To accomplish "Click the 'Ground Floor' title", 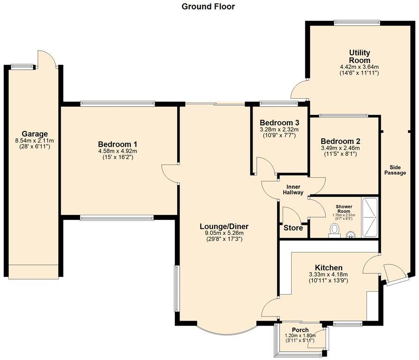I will click(x=208, y=6).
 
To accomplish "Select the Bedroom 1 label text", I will click(x=117, y=144).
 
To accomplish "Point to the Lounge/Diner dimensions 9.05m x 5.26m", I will click(x=224, y=233).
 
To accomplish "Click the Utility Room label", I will click(x=359, y=57).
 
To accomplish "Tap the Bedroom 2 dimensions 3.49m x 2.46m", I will click(x=340, y=148).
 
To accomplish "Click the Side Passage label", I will click(x=394, y=170).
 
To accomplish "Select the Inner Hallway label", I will click(x=293, y=189).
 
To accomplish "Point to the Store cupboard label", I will click(x=293, y=228).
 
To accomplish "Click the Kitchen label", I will click(x=329, y=268).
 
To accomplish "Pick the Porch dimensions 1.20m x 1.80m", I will click(x=300, y=336).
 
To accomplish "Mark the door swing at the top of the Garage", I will click(x=47, y=59).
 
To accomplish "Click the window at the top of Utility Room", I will click(x=357, y=22).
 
